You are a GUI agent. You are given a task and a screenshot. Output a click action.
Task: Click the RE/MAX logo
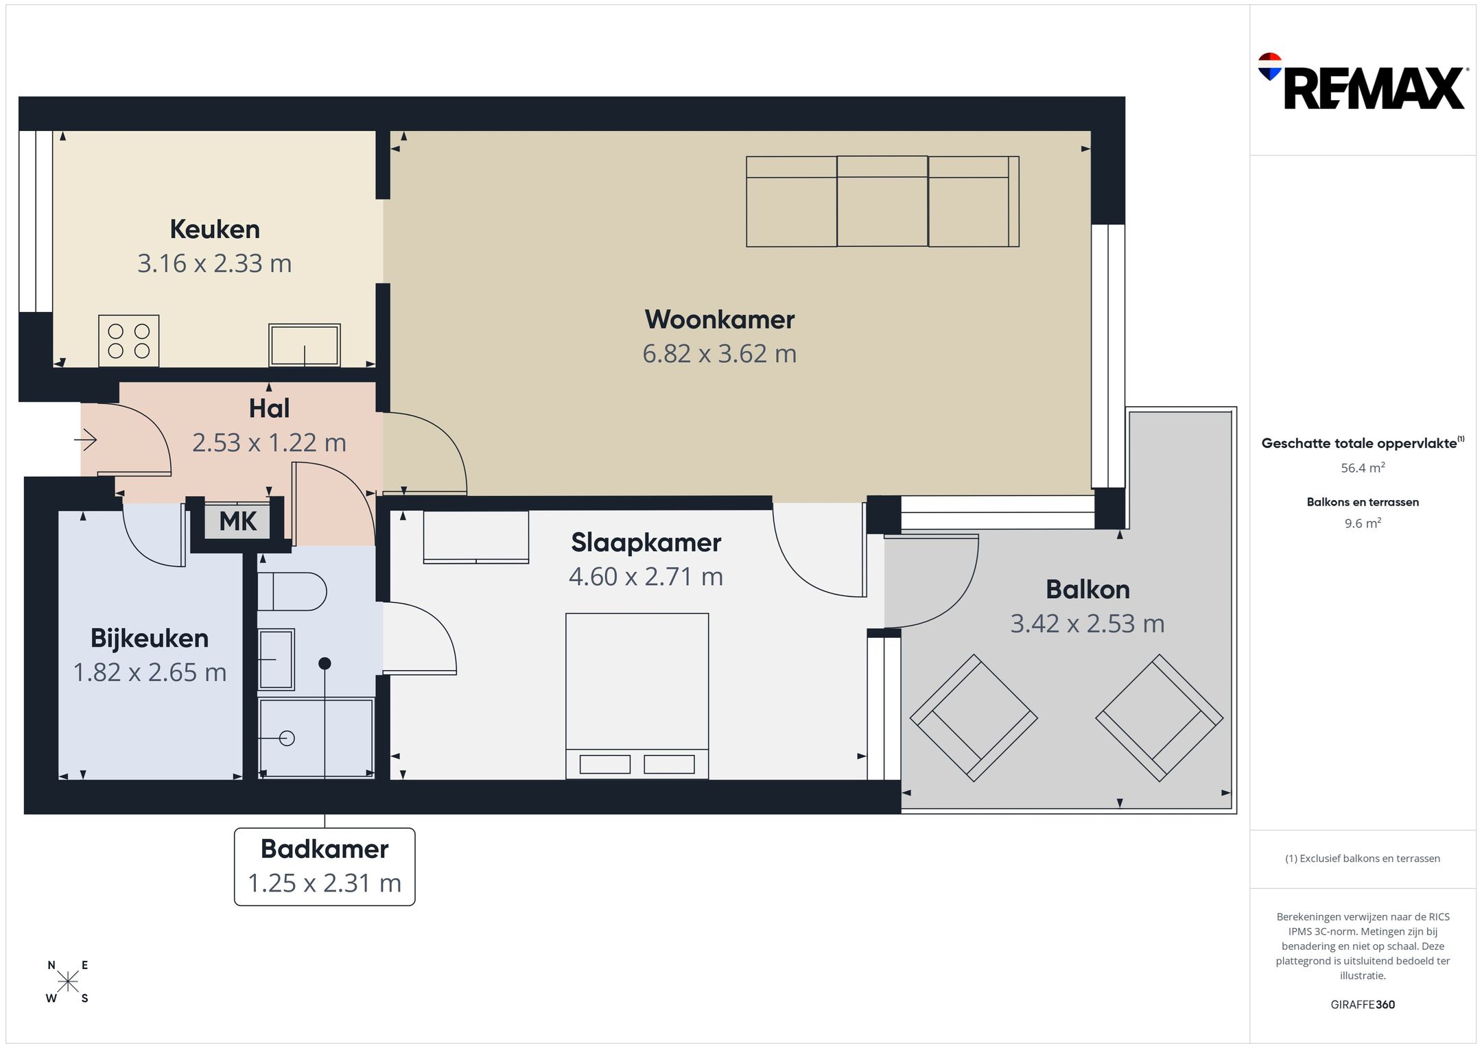coord(1362,82)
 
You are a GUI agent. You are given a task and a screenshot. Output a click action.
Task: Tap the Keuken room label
coord(215,229)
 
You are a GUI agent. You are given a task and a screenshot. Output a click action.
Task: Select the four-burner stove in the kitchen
coord(129,341)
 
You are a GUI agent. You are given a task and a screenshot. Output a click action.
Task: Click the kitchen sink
coord(305,345)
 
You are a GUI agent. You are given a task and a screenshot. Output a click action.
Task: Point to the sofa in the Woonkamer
coord(882,202)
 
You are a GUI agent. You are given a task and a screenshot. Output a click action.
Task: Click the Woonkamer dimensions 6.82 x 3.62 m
coord(720,354)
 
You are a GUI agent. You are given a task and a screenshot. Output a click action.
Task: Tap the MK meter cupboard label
coord(237,521)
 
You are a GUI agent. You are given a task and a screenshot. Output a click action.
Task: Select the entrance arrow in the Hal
coord(86,439)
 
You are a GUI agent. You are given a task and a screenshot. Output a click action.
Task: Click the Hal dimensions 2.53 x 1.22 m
coord(269,442)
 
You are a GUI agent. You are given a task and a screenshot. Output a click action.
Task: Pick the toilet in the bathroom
coord(292,591)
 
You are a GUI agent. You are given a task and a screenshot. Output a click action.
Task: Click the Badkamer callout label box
coord(325,866)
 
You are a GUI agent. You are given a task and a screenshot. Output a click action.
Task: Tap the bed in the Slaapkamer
coord(637,696)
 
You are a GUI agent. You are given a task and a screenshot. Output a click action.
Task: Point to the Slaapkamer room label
coord(646,543)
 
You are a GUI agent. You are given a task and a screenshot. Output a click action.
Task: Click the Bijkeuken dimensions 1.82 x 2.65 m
coord(150,672)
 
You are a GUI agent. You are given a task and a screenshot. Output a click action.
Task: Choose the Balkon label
coord(1087,589)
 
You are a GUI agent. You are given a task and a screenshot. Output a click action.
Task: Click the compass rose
coord(68,982)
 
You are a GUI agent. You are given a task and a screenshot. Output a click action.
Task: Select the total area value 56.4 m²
coord(1363,468)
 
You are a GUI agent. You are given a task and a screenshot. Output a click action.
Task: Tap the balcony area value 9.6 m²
coord(1363,523)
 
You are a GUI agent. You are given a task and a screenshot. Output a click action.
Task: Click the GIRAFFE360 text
coord(1363,1005)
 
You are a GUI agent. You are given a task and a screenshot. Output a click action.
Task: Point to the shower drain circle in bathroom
coord(287,738)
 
